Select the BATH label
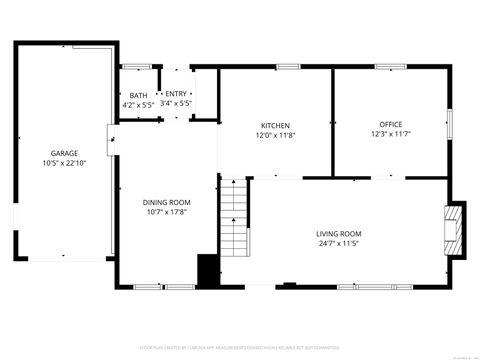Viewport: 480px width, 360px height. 137,95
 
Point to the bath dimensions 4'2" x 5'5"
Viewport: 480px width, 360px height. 137,103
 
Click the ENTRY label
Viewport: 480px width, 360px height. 176,95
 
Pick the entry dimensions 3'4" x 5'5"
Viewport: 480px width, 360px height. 176,103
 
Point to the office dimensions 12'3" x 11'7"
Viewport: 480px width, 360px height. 391,135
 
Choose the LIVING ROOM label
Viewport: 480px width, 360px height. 340,234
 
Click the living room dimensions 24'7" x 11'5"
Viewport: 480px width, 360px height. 340,243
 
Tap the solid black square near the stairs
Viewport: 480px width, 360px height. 208,270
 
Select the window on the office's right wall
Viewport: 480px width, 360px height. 450,123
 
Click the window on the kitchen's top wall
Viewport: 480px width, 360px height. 288,67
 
